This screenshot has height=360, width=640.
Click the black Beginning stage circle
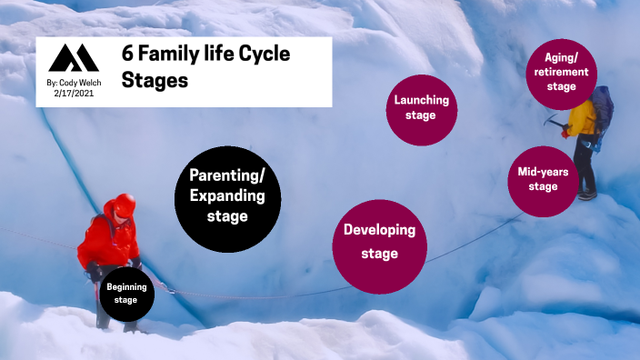(x=126, y=295)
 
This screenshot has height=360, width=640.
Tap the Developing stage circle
(x=379, y=242)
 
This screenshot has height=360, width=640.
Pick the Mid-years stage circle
(x=544, y=178)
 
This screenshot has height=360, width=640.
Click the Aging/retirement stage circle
(x=562, y=72)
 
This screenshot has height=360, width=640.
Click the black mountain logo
(x=74, y=59)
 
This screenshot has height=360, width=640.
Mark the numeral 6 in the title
(x=127, y=55)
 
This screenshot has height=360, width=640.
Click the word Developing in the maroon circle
(x=379, y=231)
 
